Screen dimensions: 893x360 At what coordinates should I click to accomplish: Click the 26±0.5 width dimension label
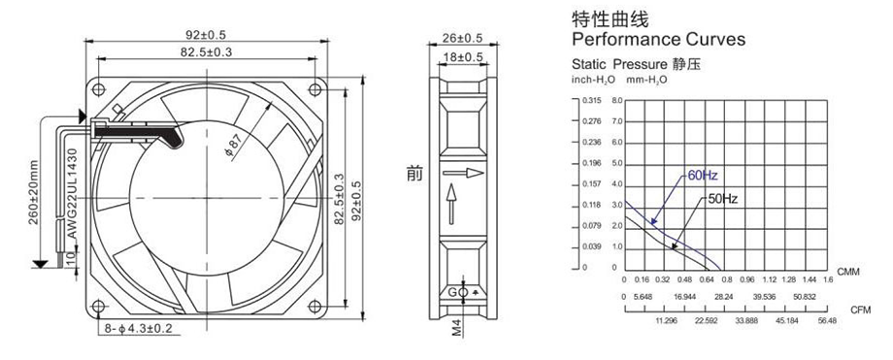coord(462,38)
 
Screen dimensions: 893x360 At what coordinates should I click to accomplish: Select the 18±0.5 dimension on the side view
coord(463,57)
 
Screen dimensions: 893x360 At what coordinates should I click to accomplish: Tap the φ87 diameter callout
coord(238,146)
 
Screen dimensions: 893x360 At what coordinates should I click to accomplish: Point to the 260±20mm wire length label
coord(34,192)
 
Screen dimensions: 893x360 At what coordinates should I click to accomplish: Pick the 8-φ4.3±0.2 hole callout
coord(139,329)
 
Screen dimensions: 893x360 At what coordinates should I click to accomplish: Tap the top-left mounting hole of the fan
coord(99,89)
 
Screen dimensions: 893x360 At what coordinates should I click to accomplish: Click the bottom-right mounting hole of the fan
coord(314,306)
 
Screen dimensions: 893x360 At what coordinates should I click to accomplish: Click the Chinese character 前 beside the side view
coord(414,173)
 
